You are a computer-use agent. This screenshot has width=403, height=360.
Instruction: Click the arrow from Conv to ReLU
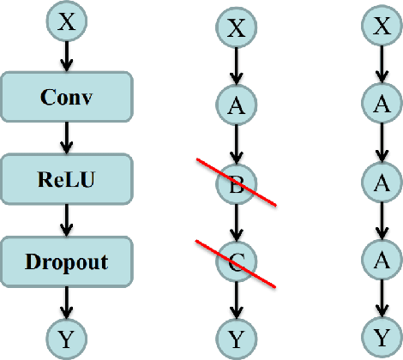tap(68, 136)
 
